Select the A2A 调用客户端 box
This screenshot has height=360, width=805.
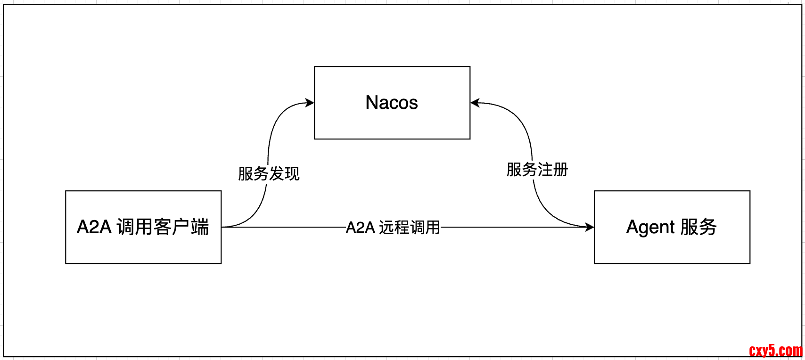pyautogui.click(x=143, y=250)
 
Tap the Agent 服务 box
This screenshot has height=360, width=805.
pyautogui.click(x=672, y=250)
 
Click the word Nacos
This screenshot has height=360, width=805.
pyautogui.click(x=392, y=103)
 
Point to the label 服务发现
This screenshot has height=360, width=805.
pyautogui.click(x=269, y=174)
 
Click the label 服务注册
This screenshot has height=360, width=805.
pyautogui.click(x=537, y=170)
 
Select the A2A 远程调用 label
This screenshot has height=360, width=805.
pyautogui.click(x=393, y=228)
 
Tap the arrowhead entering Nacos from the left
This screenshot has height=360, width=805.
pyautogui.click(x=310, y=103)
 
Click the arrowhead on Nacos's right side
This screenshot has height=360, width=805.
pyautogui.click(x=475, y=103)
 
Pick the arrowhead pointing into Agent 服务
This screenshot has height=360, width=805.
pyautogui.click(x=590, y=227)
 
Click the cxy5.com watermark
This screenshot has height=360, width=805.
pyautogui.click(x=775, y=351)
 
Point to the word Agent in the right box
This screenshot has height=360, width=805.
pyautogui.click(x=650, y=228)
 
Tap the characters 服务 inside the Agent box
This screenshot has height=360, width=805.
pyautogui.click(x=698, y=227)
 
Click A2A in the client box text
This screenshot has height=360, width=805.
pyautogui.click(x=94, y=227)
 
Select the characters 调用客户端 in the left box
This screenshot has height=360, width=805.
pyautogui.click(x=163, y=227)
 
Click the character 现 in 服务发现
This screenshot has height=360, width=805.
pyautogui.click(x=292, y=174)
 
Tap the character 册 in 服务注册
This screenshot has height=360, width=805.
pyautogui.click(x=561, y=170)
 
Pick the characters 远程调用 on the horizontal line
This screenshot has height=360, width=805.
pyautogui.click(x=409, y=228)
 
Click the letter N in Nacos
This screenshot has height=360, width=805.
pyautogui.click(x=371, y=103)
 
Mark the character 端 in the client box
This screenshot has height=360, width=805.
pyautogui.click(x=200, y=227)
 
